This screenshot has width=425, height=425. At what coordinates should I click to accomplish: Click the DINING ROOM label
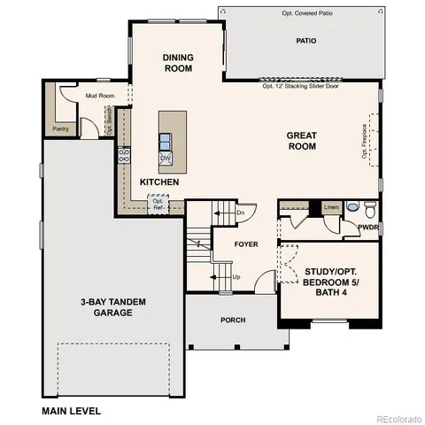178,64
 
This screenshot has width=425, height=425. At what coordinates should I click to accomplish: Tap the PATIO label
306,41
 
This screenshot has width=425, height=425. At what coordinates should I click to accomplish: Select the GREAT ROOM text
301,142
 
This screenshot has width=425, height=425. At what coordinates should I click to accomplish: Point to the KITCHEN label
159,182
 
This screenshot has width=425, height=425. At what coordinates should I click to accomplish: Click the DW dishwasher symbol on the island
166,158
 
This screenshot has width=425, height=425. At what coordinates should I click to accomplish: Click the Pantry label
60,128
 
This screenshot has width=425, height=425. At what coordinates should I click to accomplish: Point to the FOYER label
245,243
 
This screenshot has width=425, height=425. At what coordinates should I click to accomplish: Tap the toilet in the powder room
371,208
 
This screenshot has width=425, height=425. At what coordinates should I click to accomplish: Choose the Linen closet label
330,207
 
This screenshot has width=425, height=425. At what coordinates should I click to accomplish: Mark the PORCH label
233,320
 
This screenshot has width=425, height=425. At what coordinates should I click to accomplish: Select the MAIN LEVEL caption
72,411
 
